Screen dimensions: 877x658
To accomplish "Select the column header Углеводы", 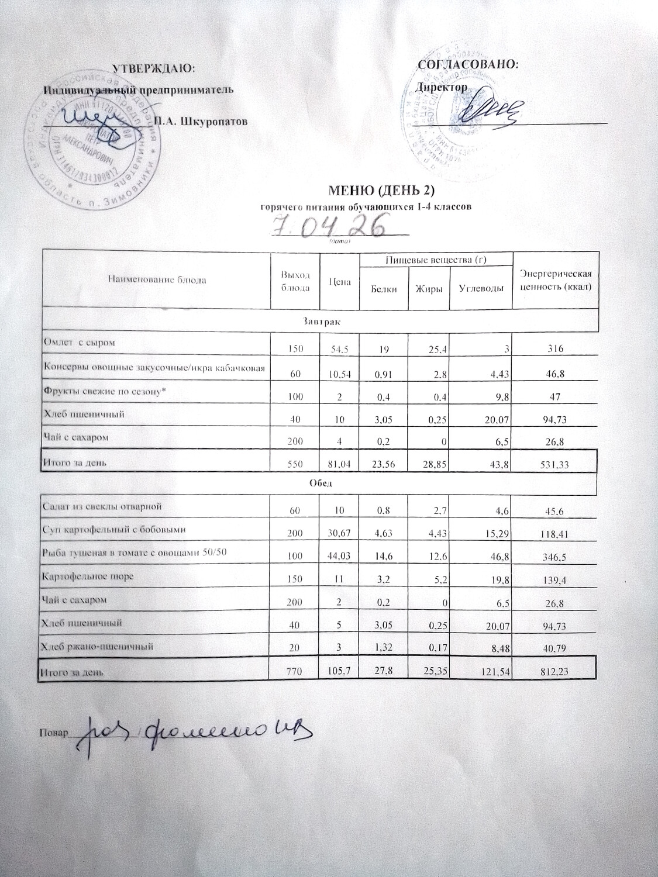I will pyautogui.click(x=480, y=289).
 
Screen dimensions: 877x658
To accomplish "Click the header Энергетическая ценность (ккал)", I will pyautogui.click(x=556, y=281).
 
